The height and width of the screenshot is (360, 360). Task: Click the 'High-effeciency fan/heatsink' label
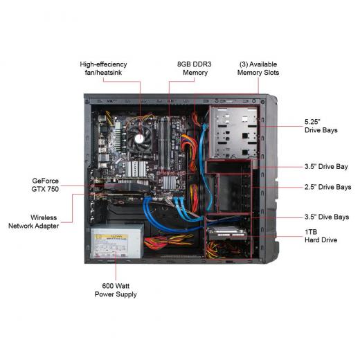(x=103, y=69)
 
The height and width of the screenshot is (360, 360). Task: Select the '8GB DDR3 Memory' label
(x=195, y=69)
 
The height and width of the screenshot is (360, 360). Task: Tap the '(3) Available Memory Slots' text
(x=258, y=69)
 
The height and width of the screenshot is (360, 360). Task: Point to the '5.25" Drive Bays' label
(x=321, y=126)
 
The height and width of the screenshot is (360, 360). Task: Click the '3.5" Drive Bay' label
(x=326, y=166)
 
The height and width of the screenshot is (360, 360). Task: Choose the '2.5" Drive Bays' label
(x=327, y=187)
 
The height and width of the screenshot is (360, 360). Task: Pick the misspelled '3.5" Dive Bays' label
(x=327, y=217)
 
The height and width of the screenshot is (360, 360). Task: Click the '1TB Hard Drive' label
(x=321, y=236)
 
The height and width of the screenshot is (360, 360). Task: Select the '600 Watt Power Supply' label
(x=116, y=290)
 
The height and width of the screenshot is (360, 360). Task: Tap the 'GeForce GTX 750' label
(x=45, y=185)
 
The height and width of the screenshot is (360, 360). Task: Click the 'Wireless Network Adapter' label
(x=34, y=222)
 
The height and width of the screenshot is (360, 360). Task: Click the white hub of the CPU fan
(x=139, y=138)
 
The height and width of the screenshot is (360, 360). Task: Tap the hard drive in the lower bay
(x=226, y=233)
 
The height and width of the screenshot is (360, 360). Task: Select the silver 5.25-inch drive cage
(x=233, y=132)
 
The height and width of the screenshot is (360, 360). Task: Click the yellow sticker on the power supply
(x=111, y=237)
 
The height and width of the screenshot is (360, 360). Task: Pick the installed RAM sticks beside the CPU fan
(x=165, y=143)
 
